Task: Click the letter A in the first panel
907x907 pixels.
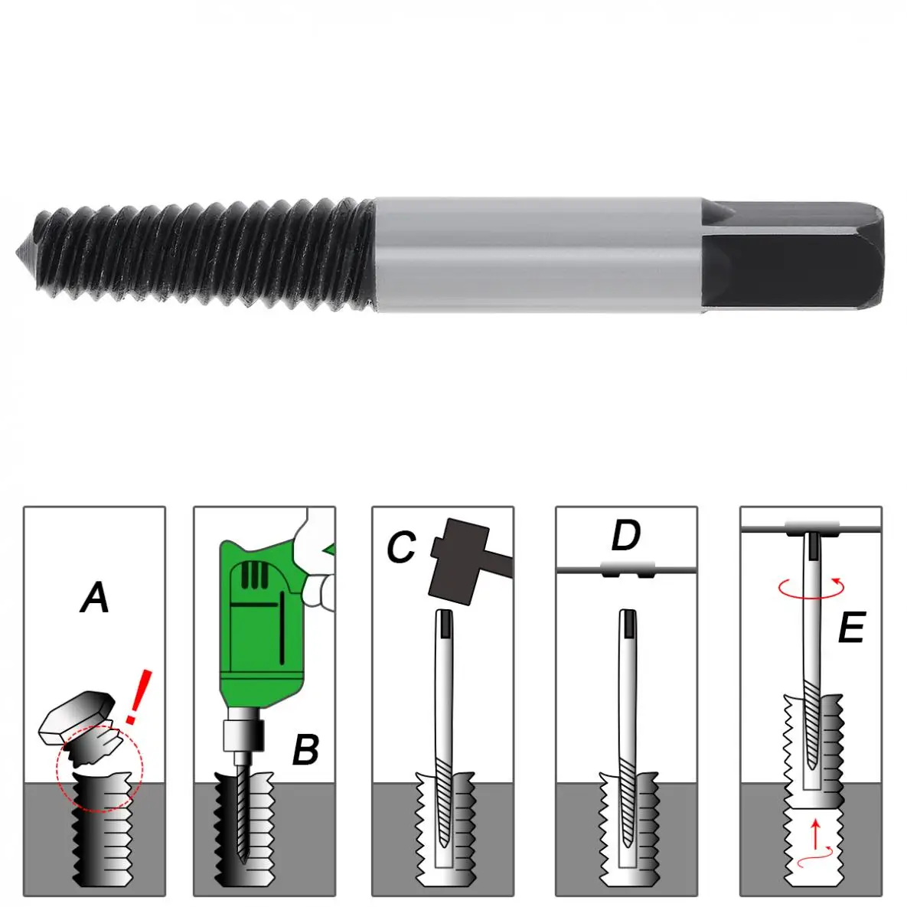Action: pos(95,598)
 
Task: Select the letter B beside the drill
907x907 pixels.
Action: pos(305,750)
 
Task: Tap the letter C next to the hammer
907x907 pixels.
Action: pos(400,548)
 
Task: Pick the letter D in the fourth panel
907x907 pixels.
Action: pos(625,536)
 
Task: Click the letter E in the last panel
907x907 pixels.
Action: pos(850,629)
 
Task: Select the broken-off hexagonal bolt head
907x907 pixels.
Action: pos(77,716)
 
